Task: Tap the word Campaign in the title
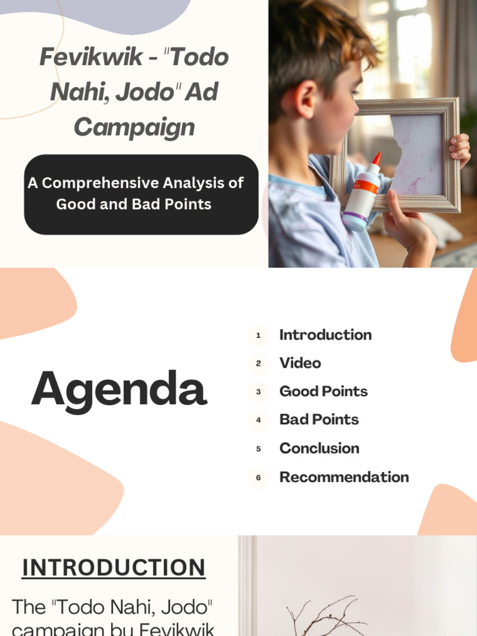coord(134,127)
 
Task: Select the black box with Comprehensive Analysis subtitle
coord(141,194)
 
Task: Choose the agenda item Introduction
coord(325,335)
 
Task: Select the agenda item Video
coord(300,363)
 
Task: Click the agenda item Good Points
coord(323,391)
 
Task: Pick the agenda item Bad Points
coord(319,420)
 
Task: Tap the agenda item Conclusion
coord(319,448)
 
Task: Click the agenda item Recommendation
coord(344,477)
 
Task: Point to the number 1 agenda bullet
coord(258,335)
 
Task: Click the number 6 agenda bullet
coord(258,478)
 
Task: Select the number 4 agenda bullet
coord(258,420)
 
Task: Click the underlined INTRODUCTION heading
coord(114,568)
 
